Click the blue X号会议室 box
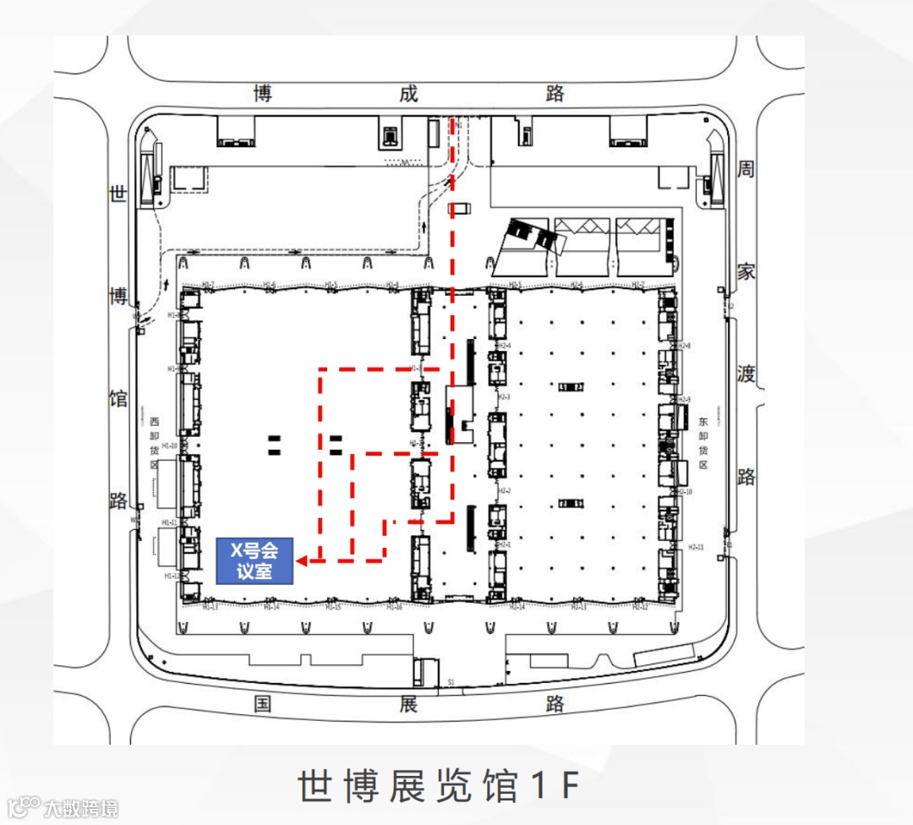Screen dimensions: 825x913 pos(254,560)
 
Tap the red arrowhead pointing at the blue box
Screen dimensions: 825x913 pos(302,560)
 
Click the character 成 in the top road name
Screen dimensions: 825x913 pos(408,93)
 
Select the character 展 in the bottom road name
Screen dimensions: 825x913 pos(408,703)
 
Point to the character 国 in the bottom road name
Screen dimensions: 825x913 pos(263,703)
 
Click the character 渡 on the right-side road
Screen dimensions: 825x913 pos(746,374)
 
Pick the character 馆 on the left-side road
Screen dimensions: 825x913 pos(118,397)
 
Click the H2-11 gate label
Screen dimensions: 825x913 pos(697,547)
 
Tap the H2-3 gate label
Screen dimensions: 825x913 pos(505,396)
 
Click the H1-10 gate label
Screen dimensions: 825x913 pos(169,445)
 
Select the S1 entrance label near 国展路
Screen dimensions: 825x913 pos(451,680)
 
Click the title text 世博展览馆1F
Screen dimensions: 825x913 pos(439,786)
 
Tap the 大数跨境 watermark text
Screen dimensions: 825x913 pos(81,808)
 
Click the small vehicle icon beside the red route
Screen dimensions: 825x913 pos(459,208)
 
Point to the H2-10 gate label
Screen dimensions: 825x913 pos(684,491)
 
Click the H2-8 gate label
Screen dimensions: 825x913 pos(684,346)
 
